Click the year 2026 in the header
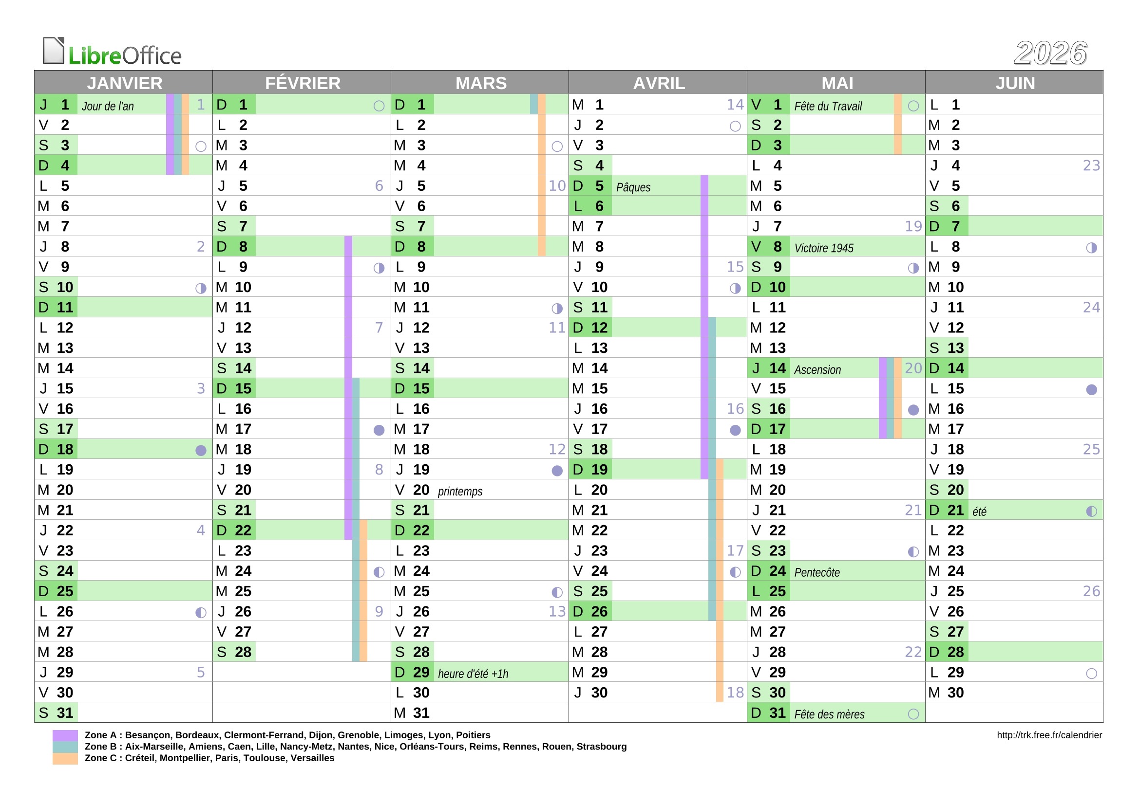pos(1050,53)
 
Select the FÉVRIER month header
pos(302,83)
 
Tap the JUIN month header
pos(1014,83)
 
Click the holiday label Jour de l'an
pos(108,106)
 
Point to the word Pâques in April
pos(633,187)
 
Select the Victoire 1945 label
pos(823,248)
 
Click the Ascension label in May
pos(817,370)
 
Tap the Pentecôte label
pos(816,572)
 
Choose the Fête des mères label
pos(829,714)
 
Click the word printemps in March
pos(460,491)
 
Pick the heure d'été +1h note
pos(473,674)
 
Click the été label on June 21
pos(979,512)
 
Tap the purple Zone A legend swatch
pos(65,735)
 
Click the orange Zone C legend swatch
pos(65,758)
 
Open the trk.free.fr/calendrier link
pos(1049,735)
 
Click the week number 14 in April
pos(735,105)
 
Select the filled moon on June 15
pos(1091,390)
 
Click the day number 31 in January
pos(64,713)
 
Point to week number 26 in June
pos(1091,591)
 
